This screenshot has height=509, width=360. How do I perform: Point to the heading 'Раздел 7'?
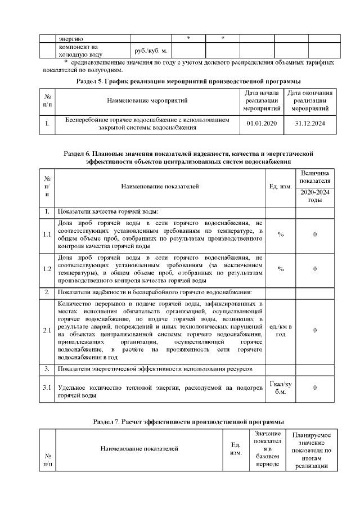pyautogui.click(x=188, y=421)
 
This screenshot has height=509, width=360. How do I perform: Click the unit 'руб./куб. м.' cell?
pyautogui.click(x=149, y=51)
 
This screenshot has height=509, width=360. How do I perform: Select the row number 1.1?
pyautogui.click(x=47, y=235)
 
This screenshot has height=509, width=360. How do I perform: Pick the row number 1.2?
pyautogui.click(x=47, y=269)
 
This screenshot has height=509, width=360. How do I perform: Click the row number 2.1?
pyautogui.click(x=47, y=330)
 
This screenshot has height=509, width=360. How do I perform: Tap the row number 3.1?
pyautogui.click(x=47, y=388)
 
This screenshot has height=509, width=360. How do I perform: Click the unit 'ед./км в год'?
pyautogui.click(x=281, y=330)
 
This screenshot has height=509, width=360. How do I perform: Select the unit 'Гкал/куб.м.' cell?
pyautogui.click(x=281, y=388)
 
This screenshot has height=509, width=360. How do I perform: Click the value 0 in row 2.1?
pyautogui.click(x=315, y=330)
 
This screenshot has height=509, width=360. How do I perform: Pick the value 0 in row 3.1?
pyautogui.click(x=315, y=388)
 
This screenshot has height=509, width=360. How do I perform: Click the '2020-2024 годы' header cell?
pyautogui.click(x=315, y=196)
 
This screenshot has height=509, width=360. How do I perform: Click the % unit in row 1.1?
pyautogui.click(x=281, y=235)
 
